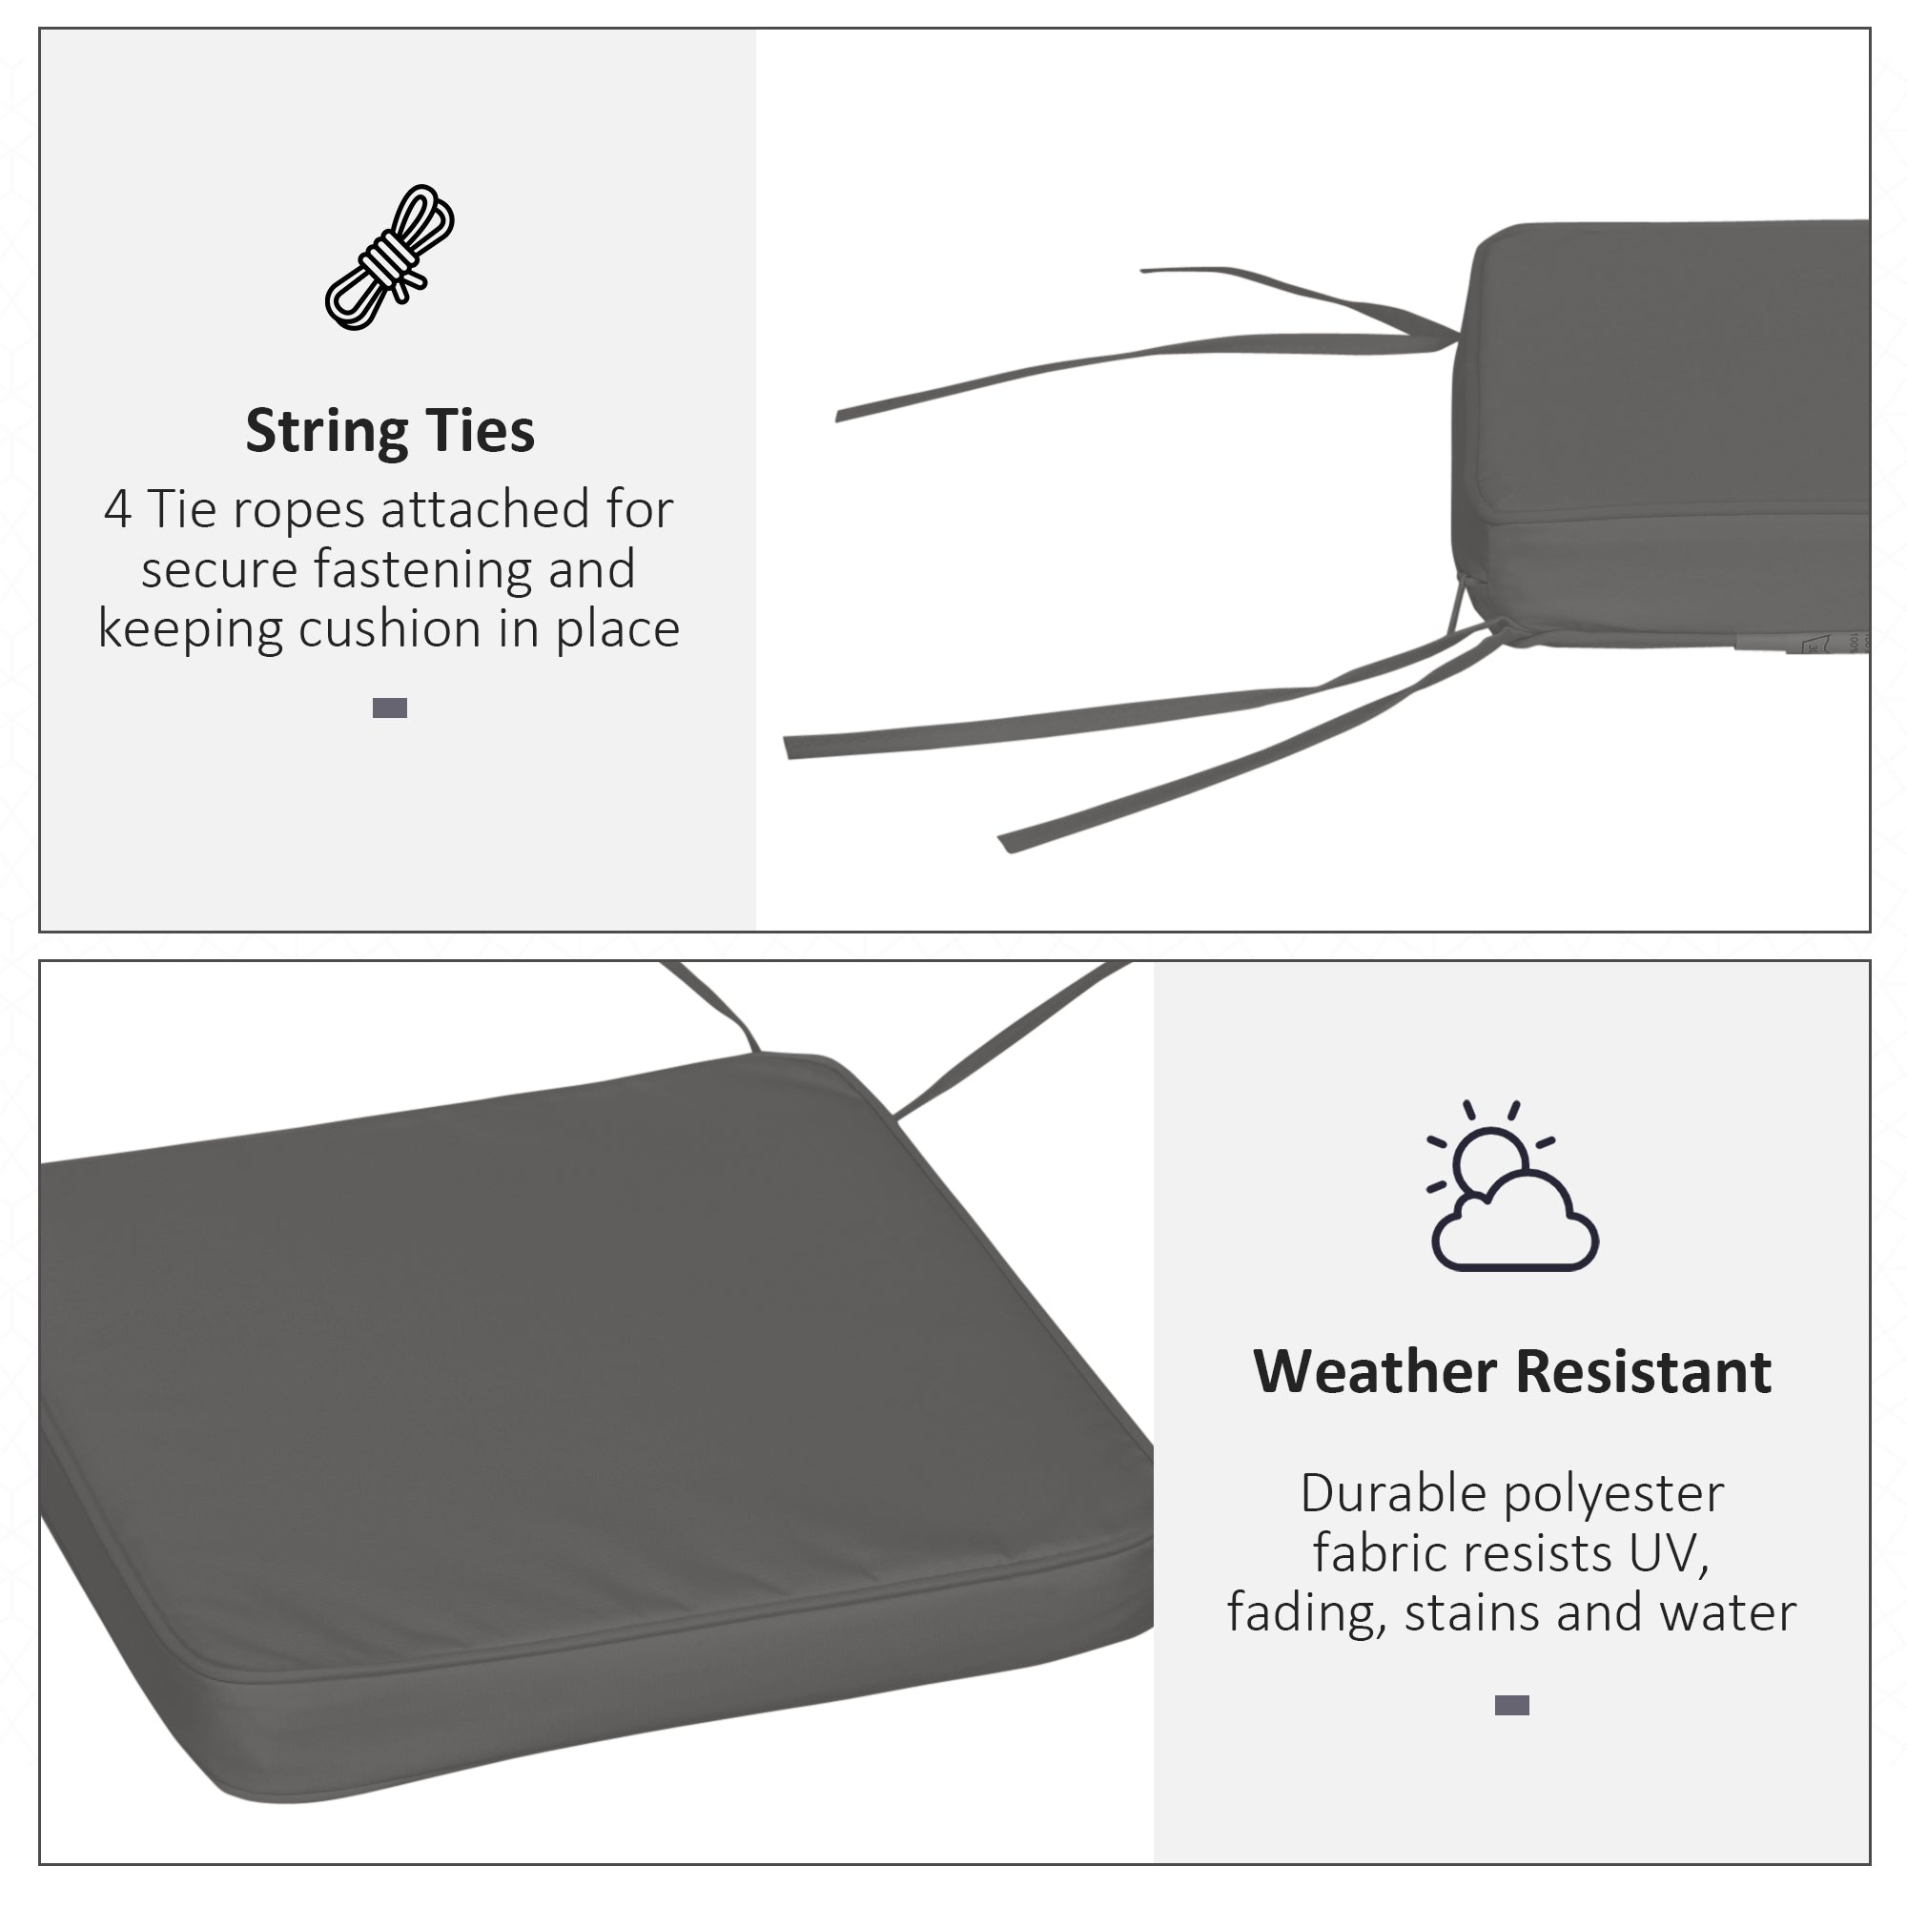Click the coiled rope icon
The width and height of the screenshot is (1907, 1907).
(390, 257)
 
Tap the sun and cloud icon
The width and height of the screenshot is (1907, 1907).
(1511, 1187)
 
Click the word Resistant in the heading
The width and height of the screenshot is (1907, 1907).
(1644, 1372)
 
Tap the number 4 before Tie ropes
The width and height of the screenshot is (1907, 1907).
(117, 510)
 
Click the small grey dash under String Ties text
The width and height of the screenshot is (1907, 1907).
(390, 707)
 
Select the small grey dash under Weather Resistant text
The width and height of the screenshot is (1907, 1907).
(1511, 1706)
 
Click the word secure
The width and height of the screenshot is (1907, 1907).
(219, 569)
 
